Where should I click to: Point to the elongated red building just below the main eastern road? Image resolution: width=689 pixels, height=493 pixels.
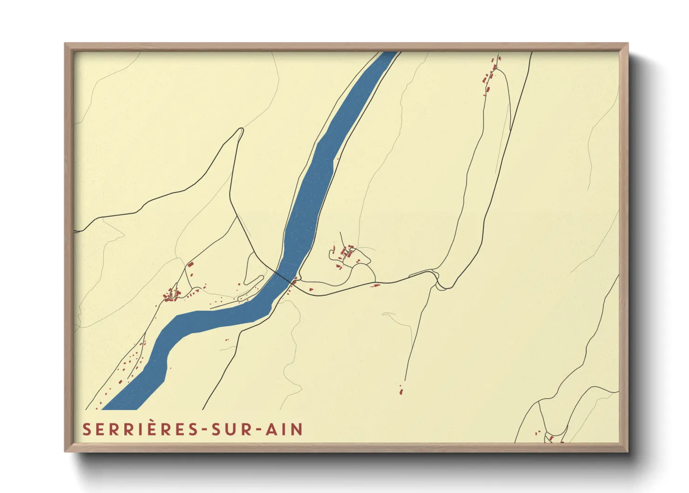tap(374, 285)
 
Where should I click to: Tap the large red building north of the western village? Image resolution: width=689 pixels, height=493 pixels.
tap(190, 265)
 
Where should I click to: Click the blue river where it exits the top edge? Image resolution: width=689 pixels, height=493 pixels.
tap(388, 55)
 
